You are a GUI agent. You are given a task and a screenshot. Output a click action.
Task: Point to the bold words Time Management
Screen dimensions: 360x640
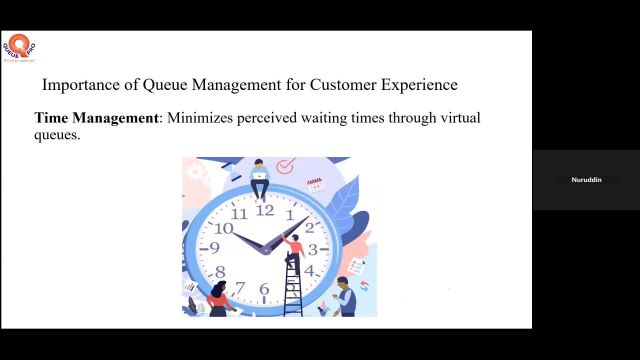(x=97, y=118)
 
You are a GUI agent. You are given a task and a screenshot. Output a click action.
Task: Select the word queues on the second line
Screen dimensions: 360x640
(x=57, y=136)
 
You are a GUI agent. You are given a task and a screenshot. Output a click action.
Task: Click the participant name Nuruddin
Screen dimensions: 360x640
(x=585, y=180)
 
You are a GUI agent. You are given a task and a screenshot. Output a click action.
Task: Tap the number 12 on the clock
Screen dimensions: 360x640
(x=264, y=210)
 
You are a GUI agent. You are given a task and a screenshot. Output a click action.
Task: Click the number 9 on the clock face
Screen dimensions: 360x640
(x=214, y=248)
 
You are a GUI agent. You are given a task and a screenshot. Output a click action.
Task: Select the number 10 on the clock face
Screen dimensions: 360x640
(x=224, y=228)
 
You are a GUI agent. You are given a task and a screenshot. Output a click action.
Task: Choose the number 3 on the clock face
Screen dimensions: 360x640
(x=312, y=249)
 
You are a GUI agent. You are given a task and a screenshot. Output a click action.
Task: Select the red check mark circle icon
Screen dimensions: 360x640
(x=286, y=165)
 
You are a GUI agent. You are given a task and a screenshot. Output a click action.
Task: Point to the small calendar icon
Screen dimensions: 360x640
(x=315, y=184)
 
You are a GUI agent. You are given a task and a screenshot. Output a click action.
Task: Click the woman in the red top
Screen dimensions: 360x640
(x=218, y=297)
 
